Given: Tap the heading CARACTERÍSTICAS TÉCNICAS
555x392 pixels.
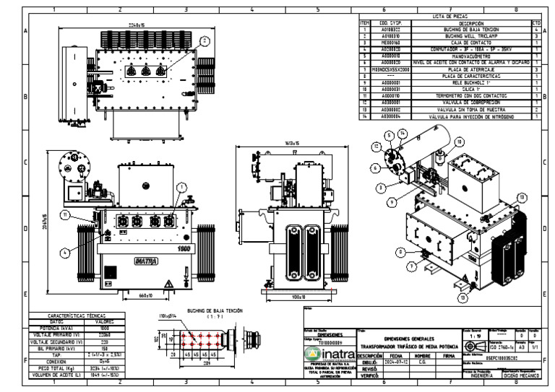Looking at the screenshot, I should tap(77, 315).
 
